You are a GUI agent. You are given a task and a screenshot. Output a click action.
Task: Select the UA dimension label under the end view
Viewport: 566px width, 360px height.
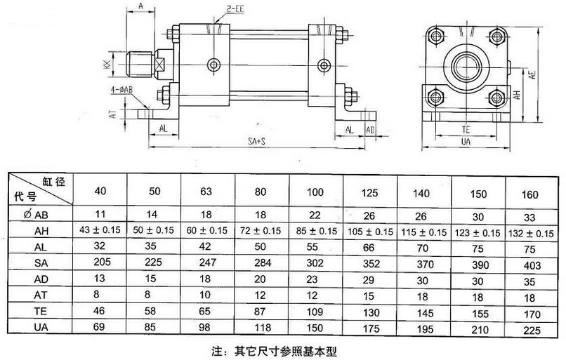coord(466,141)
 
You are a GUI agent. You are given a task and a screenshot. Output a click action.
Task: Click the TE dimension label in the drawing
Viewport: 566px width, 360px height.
coord(466,130)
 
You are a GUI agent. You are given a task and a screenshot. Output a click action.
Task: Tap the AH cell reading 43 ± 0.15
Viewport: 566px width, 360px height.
coord(99,230)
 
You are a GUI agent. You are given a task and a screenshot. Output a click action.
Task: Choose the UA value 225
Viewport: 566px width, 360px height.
coord(533,327)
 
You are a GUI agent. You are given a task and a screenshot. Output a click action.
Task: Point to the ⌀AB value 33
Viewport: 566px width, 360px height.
coord(533,215)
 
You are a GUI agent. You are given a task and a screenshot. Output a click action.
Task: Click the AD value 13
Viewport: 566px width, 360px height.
coord(99,279)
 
